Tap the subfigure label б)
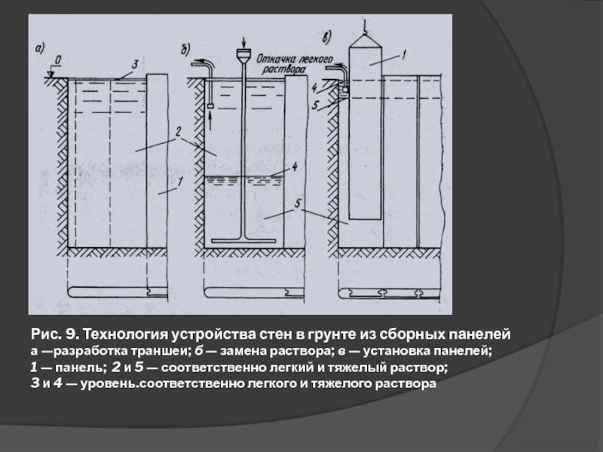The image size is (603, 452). click(185, 50)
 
